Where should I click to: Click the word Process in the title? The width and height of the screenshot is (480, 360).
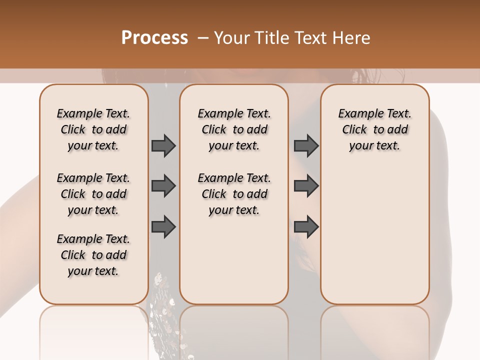tap(154, 38)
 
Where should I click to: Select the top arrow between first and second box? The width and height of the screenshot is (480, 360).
tap(163, 146)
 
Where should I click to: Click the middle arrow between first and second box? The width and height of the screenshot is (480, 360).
tap(163, 186)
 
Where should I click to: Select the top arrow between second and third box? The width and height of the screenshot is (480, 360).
tap(306, 146)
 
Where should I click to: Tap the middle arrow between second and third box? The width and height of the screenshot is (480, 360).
tap(306, 186)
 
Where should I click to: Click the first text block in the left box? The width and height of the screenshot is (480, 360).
tap(93, 129)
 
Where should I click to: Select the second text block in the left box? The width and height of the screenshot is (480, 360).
tap(93, 194)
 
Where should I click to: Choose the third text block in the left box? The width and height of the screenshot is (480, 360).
tap(93, 255)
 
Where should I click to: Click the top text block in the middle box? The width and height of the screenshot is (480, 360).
tap(234, 129)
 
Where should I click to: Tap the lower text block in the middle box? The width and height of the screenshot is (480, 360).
tap(234, 194)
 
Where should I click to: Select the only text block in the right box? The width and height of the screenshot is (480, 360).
tap(374, 129)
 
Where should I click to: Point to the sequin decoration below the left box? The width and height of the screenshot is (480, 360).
tap(162, 295)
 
